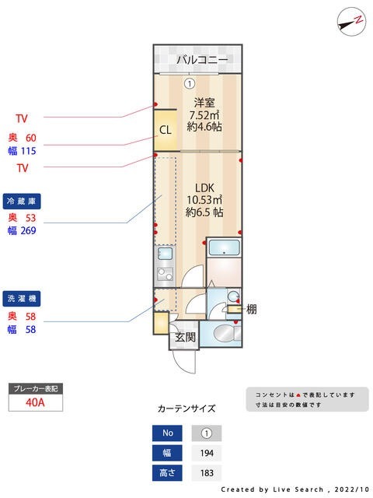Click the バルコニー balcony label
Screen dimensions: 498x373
pos(201,60)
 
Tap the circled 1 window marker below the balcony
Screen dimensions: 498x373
pos(188,83)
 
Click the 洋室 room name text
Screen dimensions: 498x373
pos(204,103)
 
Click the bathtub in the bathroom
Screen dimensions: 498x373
pos(225,249)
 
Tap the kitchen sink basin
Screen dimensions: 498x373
pos(164,254)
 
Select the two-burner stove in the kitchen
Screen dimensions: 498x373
pos(164,274)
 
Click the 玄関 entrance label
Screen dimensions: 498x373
pos(184,337)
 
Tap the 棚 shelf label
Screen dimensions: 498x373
pos(251,309)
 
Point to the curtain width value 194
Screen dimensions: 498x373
pos(206,453)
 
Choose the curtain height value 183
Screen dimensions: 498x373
pos(206,472)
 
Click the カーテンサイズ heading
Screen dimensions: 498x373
pos(186,409)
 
